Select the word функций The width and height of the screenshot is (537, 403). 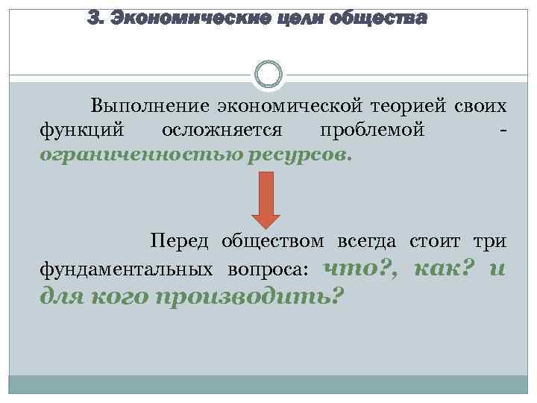click(x=76, y=131)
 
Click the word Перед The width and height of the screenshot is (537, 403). click(x=179, y=241)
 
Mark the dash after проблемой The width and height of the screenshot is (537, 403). click(x=505, y=132)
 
